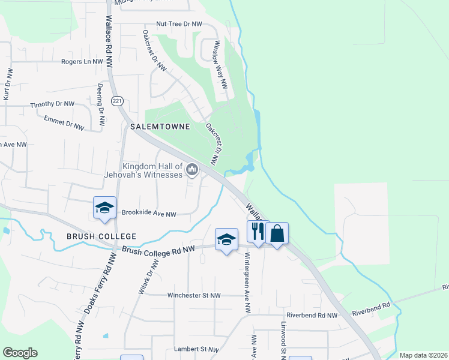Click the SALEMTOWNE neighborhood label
[x=160, y=127]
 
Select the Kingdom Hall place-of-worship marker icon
[x=192, y=170]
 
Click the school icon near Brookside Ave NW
[x=104, y=208]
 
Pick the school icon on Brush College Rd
[x=226, y=239]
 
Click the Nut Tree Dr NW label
[x=179, y=24]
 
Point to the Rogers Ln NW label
[x=82, y=61]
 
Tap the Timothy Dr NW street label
[x=53, y=105]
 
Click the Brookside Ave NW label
[x=149, y=214]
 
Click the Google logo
[x=20, y=353]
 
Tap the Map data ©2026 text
[x=423, y=355]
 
